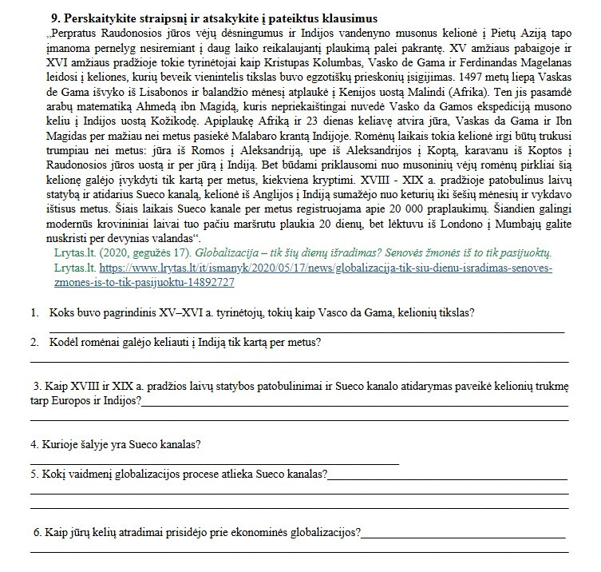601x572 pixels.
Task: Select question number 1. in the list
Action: [37, 312]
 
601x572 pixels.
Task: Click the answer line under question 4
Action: [214, 463]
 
